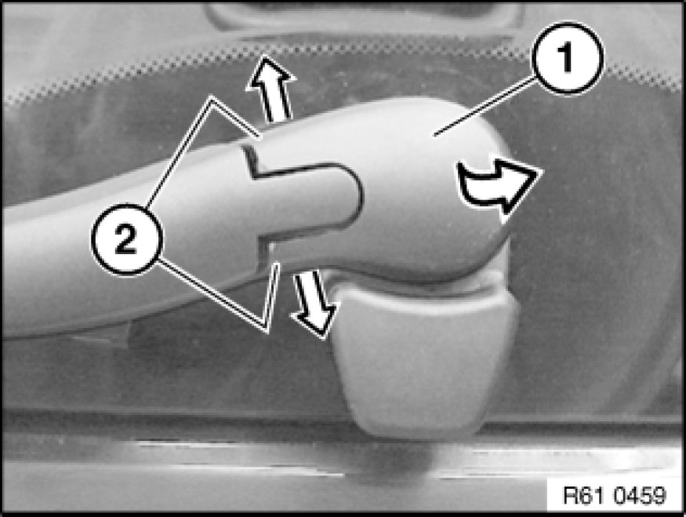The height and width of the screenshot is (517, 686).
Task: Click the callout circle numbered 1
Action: pyautogui.click(x=568, y=58)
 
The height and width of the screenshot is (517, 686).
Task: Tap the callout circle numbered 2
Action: pyautogui.click(x=126, y=239)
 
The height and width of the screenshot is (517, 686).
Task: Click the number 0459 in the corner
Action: pyautogui.click(x=639, y=496)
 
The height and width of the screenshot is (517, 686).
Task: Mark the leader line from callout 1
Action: pyautogui.click(x=484, y=105)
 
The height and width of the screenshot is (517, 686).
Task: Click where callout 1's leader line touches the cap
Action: pyautogui.click(x=434, y=136)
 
